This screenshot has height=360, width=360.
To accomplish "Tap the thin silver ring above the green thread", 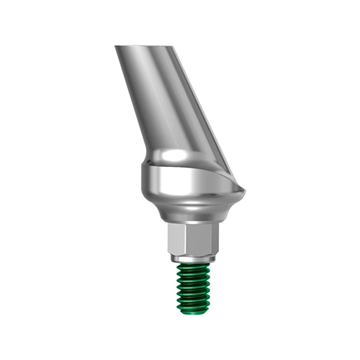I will [x=192, y=256].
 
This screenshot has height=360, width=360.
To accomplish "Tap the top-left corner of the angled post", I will [x=115, y=48].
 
